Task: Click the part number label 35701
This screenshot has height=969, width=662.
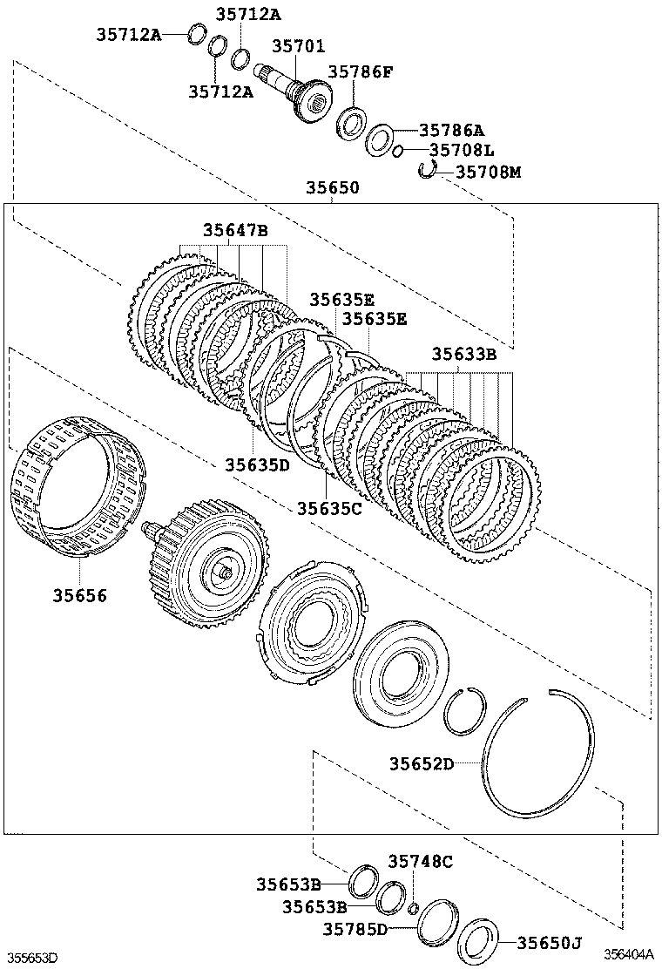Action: tap(298, 46)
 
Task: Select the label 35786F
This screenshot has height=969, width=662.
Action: tap(360, 72)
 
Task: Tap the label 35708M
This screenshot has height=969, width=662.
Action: tap(488, 173)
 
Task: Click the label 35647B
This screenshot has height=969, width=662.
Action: tap(235, 231)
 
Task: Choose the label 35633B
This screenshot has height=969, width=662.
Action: tap(464, 355)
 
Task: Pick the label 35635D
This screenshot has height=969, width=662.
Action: tap(257, 464)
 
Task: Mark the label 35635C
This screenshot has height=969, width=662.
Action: tap(328, 507)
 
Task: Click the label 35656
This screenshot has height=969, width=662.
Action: tap(78, 595)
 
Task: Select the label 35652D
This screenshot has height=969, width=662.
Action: tap(422, 764)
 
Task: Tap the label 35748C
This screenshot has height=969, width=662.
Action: tap(421, 862)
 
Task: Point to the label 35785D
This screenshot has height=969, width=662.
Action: tap(357, 929)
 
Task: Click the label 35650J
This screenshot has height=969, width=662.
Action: tap(549, 942)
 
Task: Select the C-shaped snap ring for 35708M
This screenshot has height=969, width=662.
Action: tap(427, 169)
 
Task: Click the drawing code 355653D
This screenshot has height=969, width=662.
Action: tap(30, 958)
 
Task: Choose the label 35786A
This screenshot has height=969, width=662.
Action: tap(451, 130)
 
